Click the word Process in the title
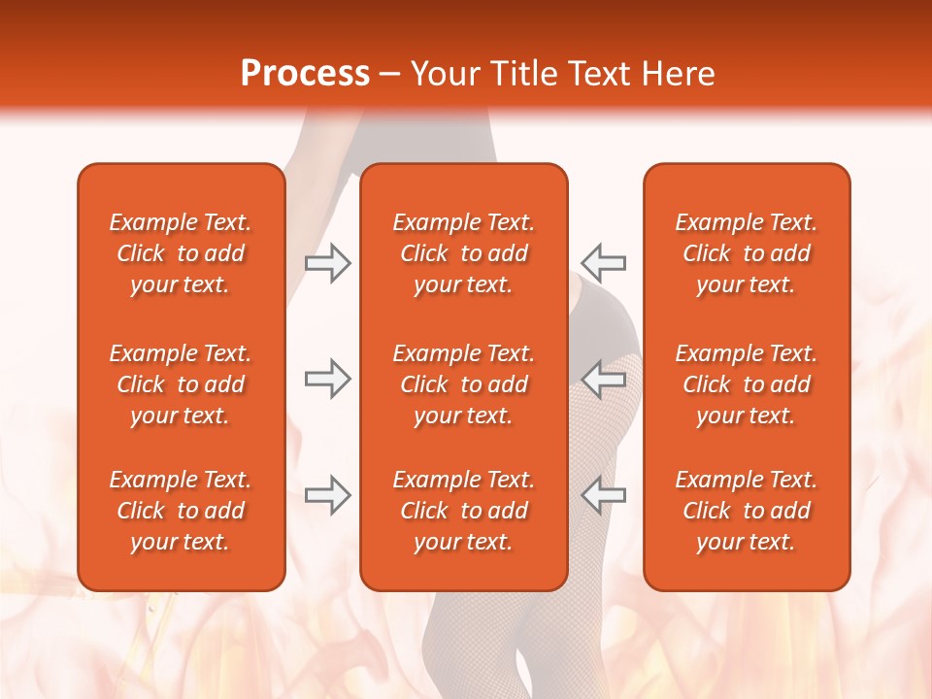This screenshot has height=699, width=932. [305, 74]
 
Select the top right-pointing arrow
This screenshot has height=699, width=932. [328, 263]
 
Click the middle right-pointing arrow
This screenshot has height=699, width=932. [328, 379]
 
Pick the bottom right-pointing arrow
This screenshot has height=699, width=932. [328, 494]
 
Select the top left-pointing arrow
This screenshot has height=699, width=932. [603, 263]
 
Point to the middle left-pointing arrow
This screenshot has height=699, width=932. [603, 379]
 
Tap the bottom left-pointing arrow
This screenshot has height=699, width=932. [603, 494]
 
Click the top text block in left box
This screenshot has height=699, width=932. [181, 253]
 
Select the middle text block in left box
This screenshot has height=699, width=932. [181, 384]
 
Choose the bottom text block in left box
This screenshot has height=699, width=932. [181, 511]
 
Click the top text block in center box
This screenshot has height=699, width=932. [464, 253]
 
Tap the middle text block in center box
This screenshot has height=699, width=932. [464, 384]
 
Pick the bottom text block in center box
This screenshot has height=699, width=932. [464, 511]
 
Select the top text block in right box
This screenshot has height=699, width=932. [747, 253]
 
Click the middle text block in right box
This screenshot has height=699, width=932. [747, 384]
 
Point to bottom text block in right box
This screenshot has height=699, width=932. [747, 511]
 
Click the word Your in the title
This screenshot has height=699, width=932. [445, 74]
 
